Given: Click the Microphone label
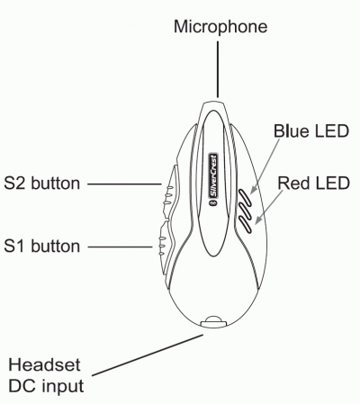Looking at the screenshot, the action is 220,27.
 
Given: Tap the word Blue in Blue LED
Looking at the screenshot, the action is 292,131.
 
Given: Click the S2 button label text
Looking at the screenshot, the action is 42,184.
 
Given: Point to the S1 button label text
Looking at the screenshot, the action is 42,247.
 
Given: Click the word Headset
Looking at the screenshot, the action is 44,365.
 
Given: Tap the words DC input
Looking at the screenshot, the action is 46,386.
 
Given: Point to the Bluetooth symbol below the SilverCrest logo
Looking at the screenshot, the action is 213,203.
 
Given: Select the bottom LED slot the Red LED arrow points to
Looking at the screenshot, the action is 245,225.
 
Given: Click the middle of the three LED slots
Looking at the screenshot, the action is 244,211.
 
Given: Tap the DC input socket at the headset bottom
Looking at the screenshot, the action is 213,321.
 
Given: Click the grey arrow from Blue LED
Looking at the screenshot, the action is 265,166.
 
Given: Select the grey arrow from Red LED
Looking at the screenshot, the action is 269,207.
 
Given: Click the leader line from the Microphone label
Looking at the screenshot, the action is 218,69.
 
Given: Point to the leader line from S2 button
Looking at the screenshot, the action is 124,184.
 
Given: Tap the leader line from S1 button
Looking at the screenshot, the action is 121,247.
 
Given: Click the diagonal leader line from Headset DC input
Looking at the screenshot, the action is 148,355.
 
